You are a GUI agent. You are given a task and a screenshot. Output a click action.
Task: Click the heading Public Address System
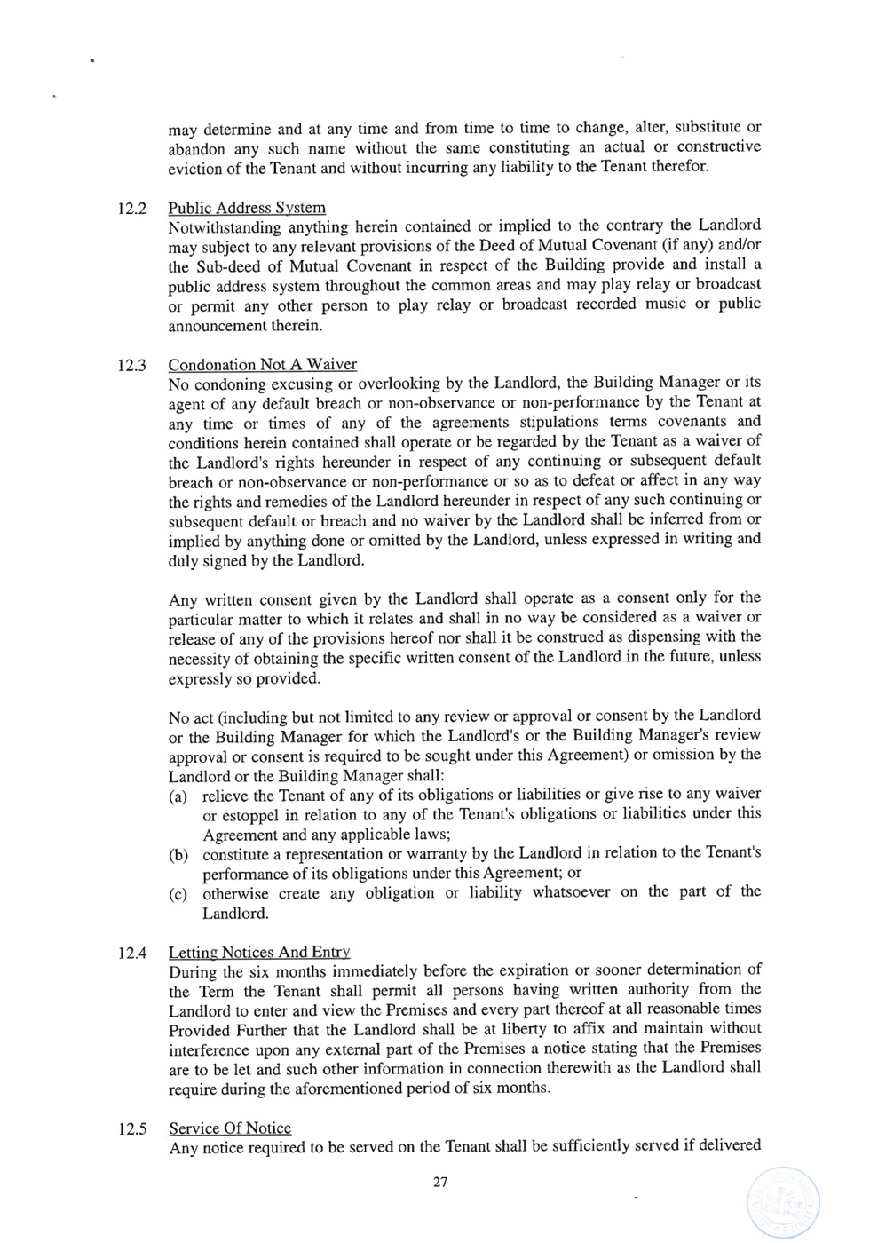(x=247, y=208)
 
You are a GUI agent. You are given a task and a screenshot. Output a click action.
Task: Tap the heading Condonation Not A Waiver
(x=263, y=365)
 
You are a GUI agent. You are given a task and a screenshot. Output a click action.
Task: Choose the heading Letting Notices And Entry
(x=259, y=952)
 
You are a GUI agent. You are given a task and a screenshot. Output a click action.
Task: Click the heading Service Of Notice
(x=230, y=1128)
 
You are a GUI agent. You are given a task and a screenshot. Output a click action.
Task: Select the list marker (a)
(x=178, y=796)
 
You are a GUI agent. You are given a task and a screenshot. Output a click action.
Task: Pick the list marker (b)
(x=178, y=854)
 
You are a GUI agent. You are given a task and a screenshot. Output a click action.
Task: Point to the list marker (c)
(x=178, y=893)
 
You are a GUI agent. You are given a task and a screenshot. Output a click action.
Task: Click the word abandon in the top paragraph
(x=194, y=149)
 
